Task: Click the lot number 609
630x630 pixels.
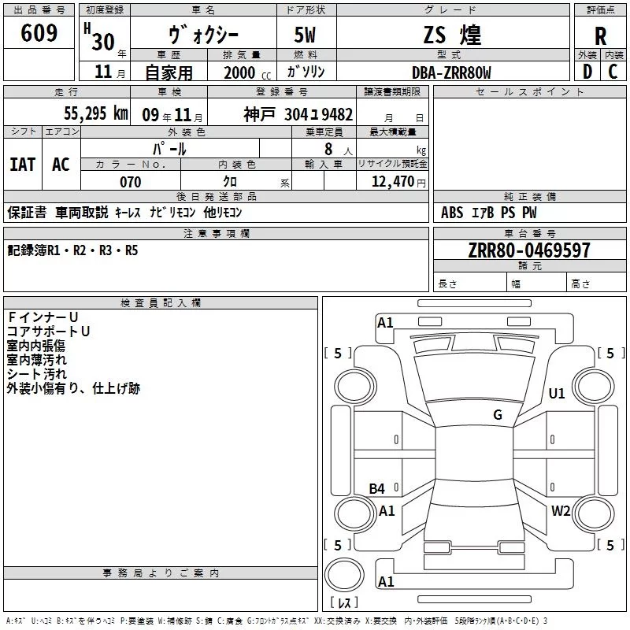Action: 40,33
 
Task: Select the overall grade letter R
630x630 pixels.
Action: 600,35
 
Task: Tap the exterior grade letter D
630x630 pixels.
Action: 586,72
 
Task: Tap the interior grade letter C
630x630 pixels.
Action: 613,72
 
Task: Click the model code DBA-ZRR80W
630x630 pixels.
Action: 451,72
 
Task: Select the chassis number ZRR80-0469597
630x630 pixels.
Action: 528,251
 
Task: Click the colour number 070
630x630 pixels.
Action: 130,182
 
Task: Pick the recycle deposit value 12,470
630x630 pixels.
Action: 393,182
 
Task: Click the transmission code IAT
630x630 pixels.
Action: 22,164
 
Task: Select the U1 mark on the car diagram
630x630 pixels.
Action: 557,394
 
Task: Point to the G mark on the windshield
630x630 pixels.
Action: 498,415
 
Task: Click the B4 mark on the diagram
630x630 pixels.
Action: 377,489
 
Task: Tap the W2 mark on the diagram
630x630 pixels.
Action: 561,511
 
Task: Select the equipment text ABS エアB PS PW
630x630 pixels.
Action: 491,213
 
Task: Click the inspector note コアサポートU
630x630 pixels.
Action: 48,332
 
